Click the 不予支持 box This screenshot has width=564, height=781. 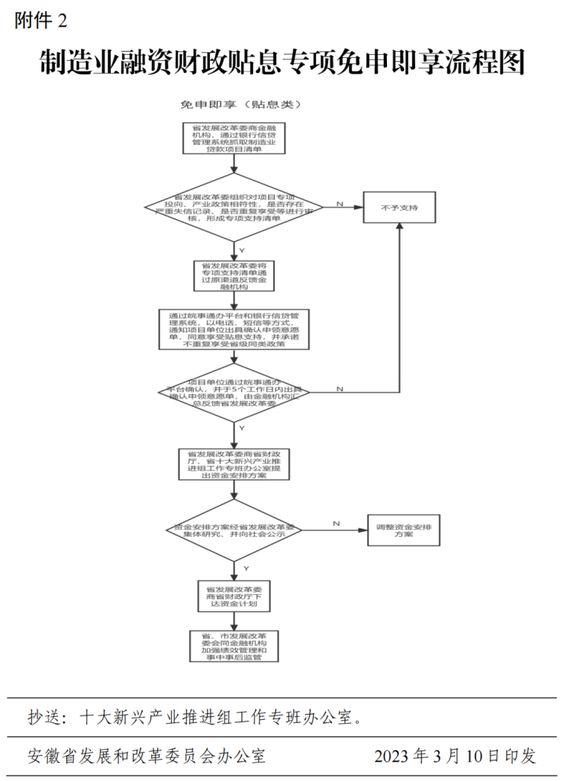[x=399, y=207]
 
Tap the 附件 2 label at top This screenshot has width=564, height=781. [x=40, y=21]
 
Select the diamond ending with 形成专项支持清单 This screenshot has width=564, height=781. [x=234, y=207]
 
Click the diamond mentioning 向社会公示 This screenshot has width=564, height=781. [x=234, y=531]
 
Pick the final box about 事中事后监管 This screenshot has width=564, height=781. [x=234, y=645]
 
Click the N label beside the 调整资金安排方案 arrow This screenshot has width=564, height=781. [x=336, y=523]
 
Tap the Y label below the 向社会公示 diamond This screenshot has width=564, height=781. [x=245, y=569]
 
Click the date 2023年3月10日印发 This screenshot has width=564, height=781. [x=455, y=756]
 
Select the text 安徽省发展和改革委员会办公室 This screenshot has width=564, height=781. [x=147, y=756]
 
